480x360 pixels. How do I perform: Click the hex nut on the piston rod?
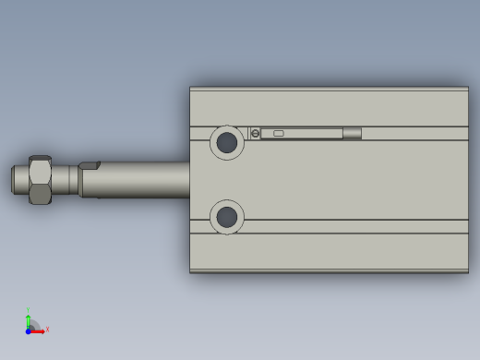click(40, 180)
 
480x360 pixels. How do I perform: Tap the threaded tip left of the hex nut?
click(18, 179)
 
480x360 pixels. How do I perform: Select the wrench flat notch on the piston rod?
click(89, 166)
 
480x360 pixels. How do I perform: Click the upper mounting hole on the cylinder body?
click(226, 142)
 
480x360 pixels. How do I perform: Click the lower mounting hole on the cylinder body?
click(226, 218)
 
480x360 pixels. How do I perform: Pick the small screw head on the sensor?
click(255, 134)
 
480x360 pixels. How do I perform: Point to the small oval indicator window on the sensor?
click(278, 133)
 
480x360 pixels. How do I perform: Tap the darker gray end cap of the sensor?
click(352, 133)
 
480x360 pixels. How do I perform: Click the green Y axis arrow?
click(29, 320)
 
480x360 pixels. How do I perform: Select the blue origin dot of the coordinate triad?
click(29, 330)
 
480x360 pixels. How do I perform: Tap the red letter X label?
click(47, 329)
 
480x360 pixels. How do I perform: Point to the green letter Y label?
click(29, 310)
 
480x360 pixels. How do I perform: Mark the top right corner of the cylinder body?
click(467, 89)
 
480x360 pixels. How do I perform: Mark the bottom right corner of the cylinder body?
click(467, 271)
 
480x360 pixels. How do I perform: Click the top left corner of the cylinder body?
click(191, 89)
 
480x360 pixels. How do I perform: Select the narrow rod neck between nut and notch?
click(65, 179)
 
